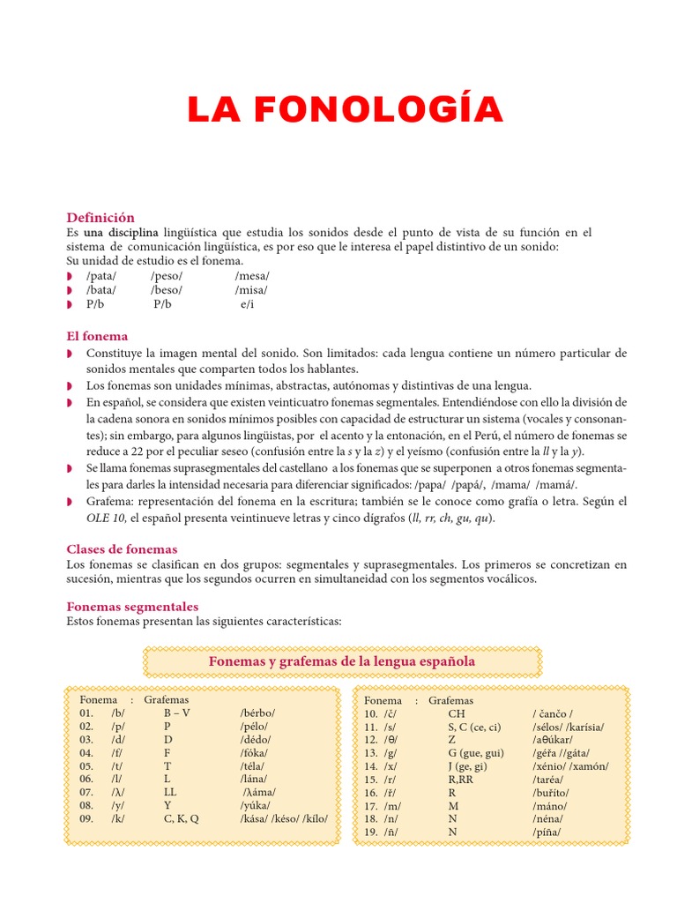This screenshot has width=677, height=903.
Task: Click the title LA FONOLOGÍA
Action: click(x=345, y=109)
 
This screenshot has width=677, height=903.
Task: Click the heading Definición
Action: click(x=100, y=217)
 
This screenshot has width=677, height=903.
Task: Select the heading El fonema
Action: click(x=97, y=336)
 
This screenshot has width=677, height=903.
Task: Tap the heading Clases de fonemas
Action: click(x=122, y=549)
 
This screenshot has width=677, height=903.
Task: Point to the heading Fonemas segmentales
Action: click(x=132, y=607)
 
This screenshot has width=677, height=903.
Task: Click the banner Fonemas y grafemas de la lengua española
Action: click(x=341, y=661)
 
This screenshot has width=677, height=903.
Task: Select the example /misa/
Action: click(x=251, y=290)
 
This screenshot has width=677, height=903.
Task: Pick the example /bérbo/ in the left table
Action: click(x=257, y=713)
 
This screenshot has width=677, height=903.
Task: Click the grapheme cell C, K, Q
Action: click(x=181, y=818)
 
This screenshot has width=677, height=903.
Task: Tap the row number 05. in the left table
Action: click(x=86, y=766)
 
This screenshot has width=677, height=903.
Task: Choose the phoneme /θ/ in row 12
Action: click(x=392, y=740)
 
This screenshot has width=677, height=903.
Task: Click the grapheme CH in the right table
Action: click(x=456, y=713)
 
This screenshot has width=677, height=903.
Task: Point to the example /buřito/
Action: click(x=551, y=793)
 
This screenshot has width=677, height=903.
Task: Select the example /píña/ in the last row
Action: click(x=547, y=832)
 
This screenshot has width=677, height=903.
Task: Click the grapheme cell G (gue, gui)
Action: click(x=476, y=753)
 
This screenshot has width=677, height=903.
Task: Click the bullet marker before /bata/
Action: click(x=70, y=290)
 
